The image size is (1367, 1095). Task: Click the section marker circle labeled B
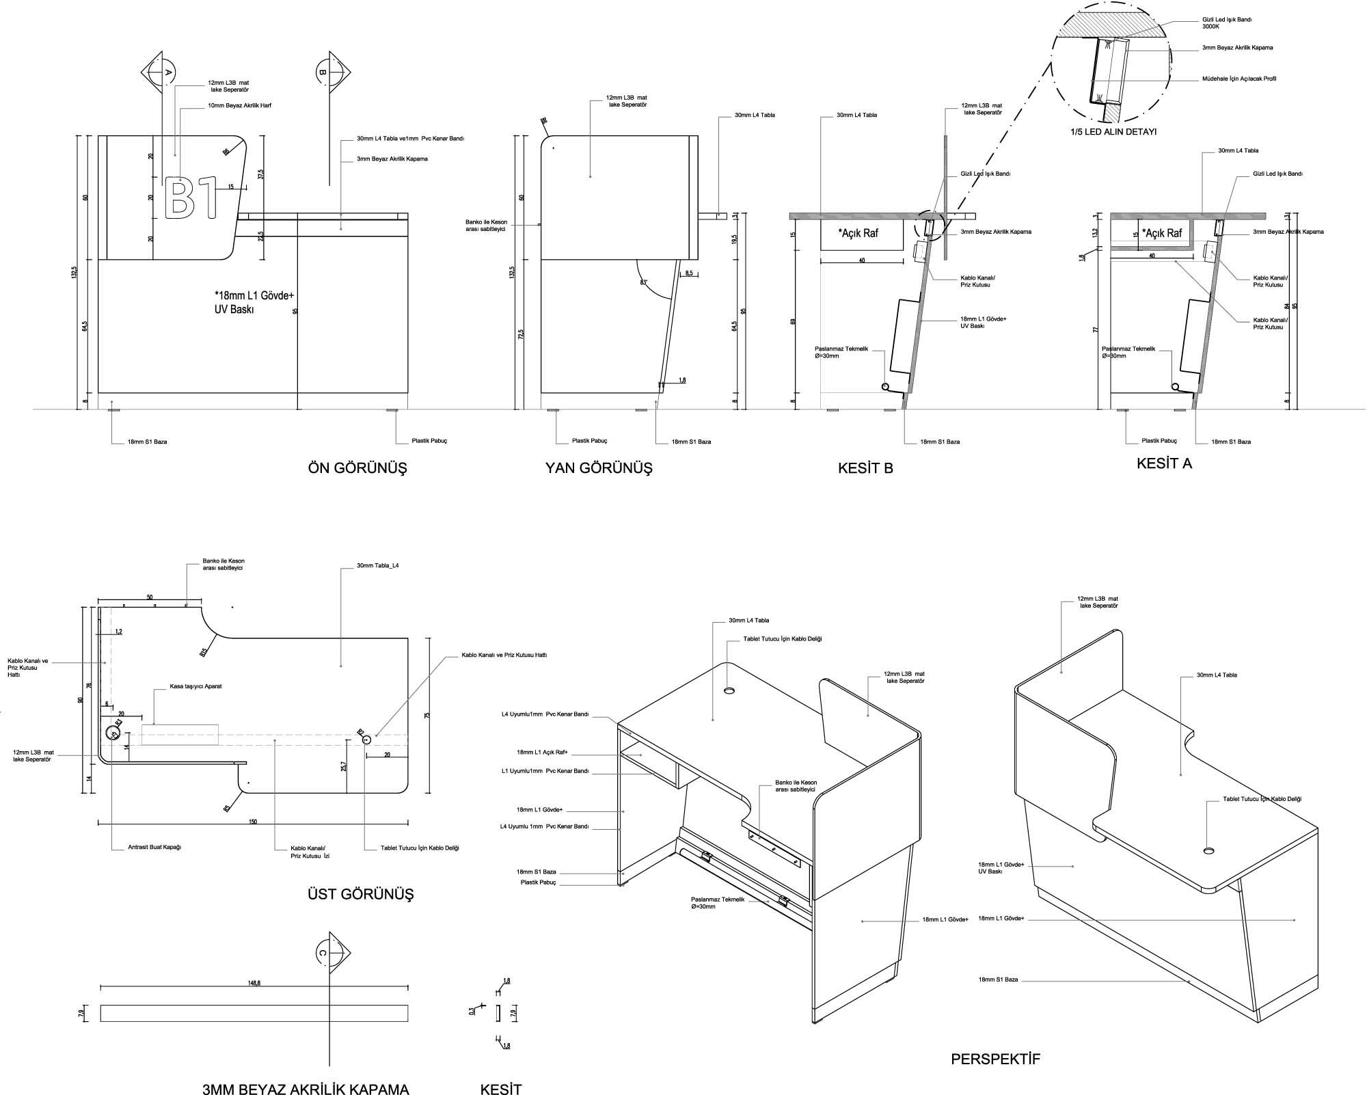pos(323,71)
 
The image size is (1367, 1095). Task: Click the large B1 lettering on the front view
pos(191,198)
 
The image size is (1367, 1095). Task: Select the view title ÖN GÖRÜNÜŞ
pos(357,468)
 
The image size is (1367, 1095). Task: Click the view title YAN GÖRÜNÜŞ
pos(598,468)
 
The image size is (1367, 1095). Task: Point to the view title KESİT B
pos(865,468)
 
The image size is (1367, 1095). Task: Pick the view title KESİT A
pos(1164,463)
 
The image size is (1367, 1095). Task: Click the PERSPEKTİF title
pos(995,1059)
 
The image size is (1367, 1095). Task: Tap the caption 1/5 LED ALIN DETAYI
pos(1113,131)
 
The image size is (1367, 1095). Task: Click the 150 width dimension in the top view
pos(253,822)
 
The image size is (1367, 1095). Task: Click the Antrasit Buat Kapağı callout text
pos(154,847)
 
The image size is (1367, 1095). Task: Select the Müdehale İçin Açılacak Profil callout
pos(1239,79)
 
